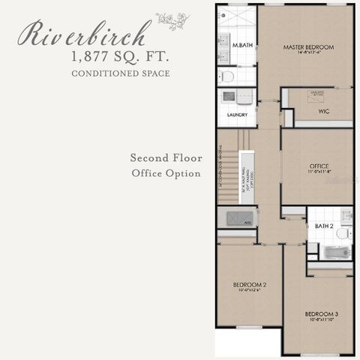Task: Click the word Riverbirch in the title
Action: click(x=85, y=34)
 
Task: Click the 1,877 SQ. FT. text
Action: click(x=120, y=56)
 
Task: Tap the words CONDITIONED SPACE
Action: click(x=120, y=73)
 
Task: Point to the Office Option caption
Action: click(x=166, y=173)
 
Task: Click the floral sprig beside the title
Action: click(x=172, y=20)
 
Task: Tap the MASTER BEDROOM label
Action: click(x=308, y=47)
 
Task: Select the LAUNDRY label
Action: click(x=237, y=115)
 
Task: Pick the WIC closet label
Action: click(x=324, y=111)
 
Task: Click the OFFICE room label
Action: click(x=319, y=166)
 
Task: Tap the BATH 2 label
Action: click(x=324, y=226)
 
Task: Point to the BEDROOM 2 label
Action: click(x=249, y=286)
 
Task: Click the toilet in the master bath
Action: click(x=227, y=76)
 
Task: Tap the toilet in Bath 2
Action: click(x=342, y=234)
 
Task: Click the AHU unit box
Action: click(x=236, y=218)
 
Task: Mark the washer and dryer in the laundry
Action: click(x=237, y=97)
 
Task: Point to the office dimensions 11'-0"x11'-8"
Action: click(x=319, y=172)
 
